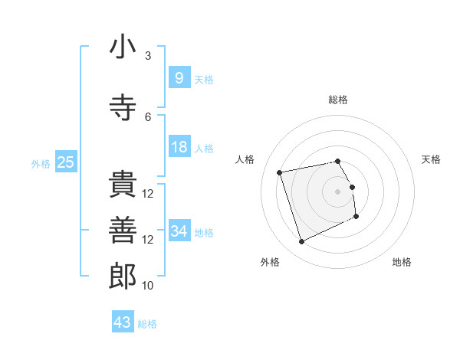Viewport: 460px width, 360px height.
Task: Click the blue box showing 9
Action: (179, 78)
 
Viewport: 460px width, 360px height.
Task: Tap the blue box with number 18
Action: (179, 147)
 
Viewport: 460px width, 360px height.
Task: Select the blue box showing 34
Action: (179, 231)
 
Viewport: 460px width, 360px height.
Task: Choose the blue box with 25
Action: (65, 162)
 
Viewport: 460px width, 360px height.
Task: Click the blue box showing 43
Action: (122, 322)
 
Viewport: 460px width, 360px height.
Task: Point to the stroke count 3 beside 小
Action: (148, 56)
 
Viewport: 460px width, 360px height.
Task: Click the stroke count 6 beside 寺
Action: (148, 116)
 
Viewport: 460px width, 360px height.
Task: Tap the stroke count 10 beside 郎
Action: (148, 286)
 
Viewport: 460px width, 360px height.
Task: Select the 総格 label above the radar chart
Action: (338, 100)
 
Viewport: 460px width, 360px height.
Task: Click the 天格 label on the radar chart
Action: (432, 159)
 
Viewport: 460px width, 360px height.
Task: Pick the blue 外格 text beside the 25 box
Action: (40, 163)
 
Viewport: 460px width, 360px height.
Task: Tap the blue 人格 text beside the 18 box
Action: (204, 148)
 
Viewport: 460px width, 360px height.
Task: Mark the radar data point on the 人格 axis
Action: (280, 172)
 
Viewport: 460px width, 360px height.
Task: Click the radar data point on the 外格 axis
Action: (301, 242)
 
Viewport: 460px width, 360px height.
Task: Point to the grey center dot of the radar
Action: (338, 191)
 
